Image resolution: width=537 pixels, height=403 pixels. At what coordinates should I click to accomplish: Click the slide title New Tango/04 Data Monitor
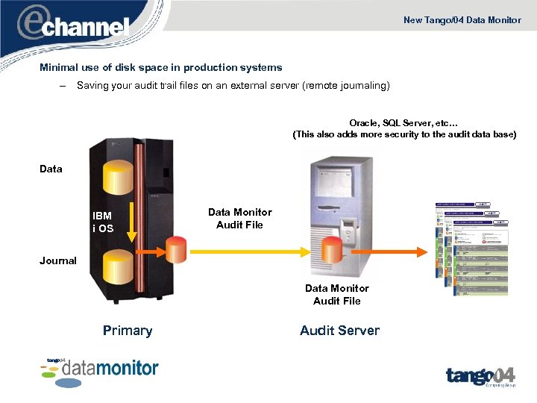462,20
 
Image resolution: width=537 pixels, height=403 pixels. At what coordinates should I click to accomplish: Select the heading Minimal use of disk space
160,67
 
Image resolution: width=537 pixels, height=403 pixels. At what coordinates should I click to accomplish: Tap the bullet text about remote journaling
233,86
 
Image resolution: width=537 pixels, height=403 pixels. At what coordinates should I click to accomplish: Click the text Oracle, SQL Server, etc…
403,123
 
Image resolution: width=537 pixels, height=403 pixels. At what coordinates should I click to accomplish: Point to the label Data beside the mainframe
51,169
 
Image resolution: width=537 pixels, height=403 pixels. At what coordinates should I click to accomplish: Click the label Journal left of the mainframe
58,260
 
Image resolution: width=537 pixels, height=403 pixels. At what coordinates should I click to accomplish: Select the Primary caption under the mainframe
128,331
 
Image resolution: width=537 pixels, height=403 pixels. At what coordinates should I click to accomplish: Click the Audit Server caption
339,331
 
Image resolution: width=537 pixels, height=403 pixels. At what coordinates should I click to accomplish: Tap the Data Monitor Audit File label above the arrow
239,219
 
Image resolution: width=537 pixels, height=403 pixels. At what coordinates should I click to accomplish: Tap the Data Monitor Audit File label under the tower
336,295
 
